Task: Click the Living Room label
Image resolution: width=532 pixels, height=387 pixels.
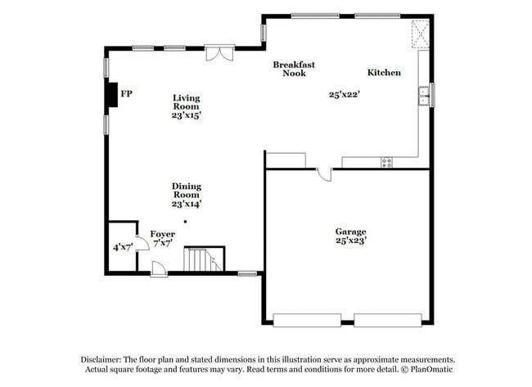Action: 186,102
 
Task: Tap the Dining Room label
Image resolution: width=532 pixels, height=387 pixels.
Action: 186,191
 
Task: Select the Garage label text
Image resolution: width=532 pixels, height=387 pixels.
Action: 350,232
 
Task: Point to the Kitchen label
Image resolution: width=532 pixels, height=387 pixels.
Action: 384,73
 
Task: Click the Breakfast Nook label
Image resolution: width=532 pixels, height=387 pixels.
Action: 294,69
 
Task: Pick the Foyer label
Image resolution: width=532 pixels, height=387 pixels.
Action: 161,235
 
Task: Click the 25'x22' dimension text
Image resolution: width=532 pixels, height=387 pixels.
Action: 345,94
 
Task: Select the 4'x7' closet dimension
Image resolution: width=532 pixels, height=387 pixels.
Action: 123,246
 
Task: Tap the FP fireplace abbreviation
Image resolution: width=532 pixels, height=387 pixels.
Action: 126,95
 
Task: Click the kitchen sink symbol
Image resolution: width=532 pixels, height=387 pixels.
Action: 424,96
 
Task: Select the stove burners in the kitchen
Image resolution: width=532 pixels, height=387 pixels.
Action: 386,162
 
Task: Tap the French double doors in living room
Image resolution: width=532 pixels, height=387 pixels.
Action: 219,52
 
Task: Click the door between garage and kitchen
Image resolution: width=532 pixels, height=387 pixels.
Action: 323,173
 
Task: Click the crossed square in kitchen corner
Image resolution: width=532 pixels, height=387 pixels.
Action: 421,34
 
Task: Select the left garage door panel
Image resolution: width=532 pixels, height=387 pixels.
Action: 306,320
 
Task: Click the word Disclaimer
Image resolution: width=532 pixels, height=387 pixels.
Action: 99,360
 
